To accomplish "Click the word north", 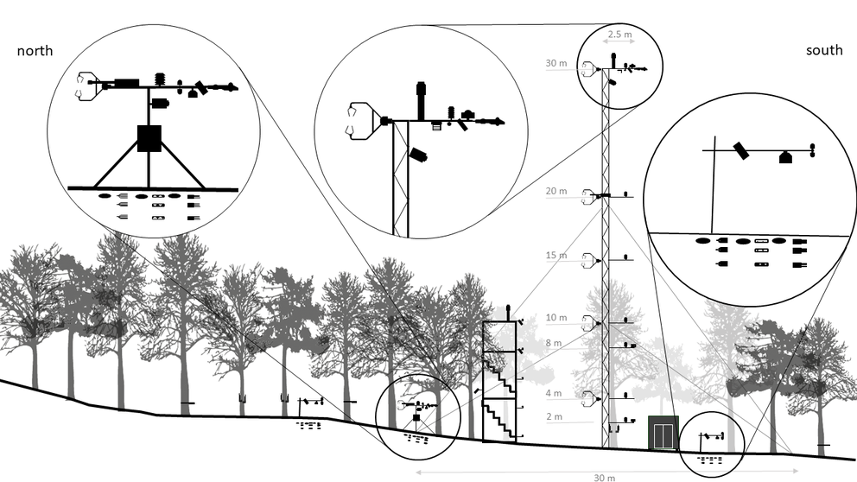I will [35, 51].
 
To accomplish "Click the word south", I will [823, 51].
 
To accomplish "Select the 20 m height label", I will [556, 191].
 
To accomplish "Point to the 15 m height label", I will [556, 256].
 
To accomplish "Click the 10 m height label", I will [556, 318].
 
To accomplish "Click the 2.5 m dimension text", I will [620, 35].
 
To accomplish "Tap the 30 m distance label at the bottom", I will [605, 477].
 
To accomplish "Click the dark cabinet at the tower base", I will [663, 433].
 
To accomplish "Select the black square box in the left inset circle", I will [149, 138].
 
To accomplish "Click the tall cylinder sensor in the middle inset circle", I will [422, 100].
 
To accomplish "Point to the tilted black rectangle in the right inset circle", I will [741, 151].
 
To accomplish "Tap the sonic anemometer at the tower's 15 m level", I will [590, 258].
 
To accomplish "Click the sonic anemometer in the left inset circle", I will [86, 86].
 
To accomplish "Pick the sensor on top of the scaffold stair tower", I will [508, 310].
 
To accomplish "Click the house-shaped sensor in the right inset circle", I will [785, 157].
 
